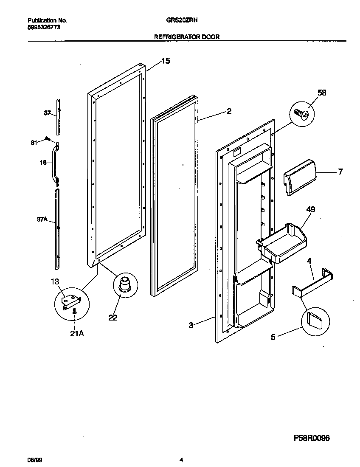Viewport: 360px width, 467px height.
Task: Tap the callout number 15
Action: coord(165,61)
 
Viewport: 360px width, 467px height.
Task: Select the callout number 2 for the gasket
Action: coord(229,112)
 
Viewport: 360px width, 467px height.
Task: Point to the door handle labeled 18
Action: coord(55,164)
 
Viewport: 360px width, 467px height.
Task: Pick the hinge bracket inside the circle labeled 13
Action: coord(71,301)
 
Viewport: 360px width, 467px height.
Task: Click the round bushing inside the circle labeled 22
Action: coord(125,283)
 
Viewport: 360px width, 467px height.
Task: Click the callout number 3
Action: coord(191,325)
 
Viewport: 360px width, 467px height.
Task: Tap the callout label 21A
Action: coord(76,334)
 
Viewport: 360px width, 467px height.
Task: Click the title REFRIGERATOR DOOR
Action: coord(186,37)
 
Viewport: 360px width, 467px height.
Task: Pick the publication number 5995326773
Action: coord(45,27)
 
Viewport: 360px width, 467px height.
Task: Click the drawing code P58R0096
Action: coord(312,438)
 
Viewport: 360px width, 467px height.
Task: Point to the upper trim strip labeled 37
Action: coord(59,115)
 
